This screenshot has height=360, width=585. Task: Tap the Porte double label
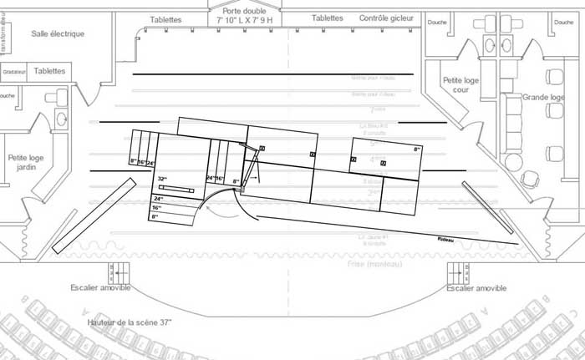click(x=243, y=13)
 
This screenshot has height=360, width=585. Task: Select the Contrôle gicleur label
click(x=385, y=18)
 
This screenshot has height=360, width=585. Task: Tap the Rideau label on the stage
click(x=446, y=240)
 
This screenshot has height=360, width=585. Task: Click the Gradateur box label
click(x=14, y=72)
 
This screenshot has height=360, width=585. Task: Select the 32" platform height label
click(x=162, y=179)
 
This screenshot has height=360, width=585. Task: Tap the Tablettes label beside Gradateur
click(x=50, y=71)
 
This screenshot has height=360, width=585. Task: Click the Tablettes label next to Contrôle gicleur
click(x=327, y=18)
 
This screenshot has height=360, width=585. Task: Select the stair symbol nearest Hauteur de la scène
click(x=116, y=271)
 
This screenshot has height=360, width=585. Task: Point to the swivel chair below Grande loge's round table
click(x=529, y=179)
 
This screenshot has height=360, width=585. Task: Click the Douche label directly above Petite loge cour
click(x=436, y=23)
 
